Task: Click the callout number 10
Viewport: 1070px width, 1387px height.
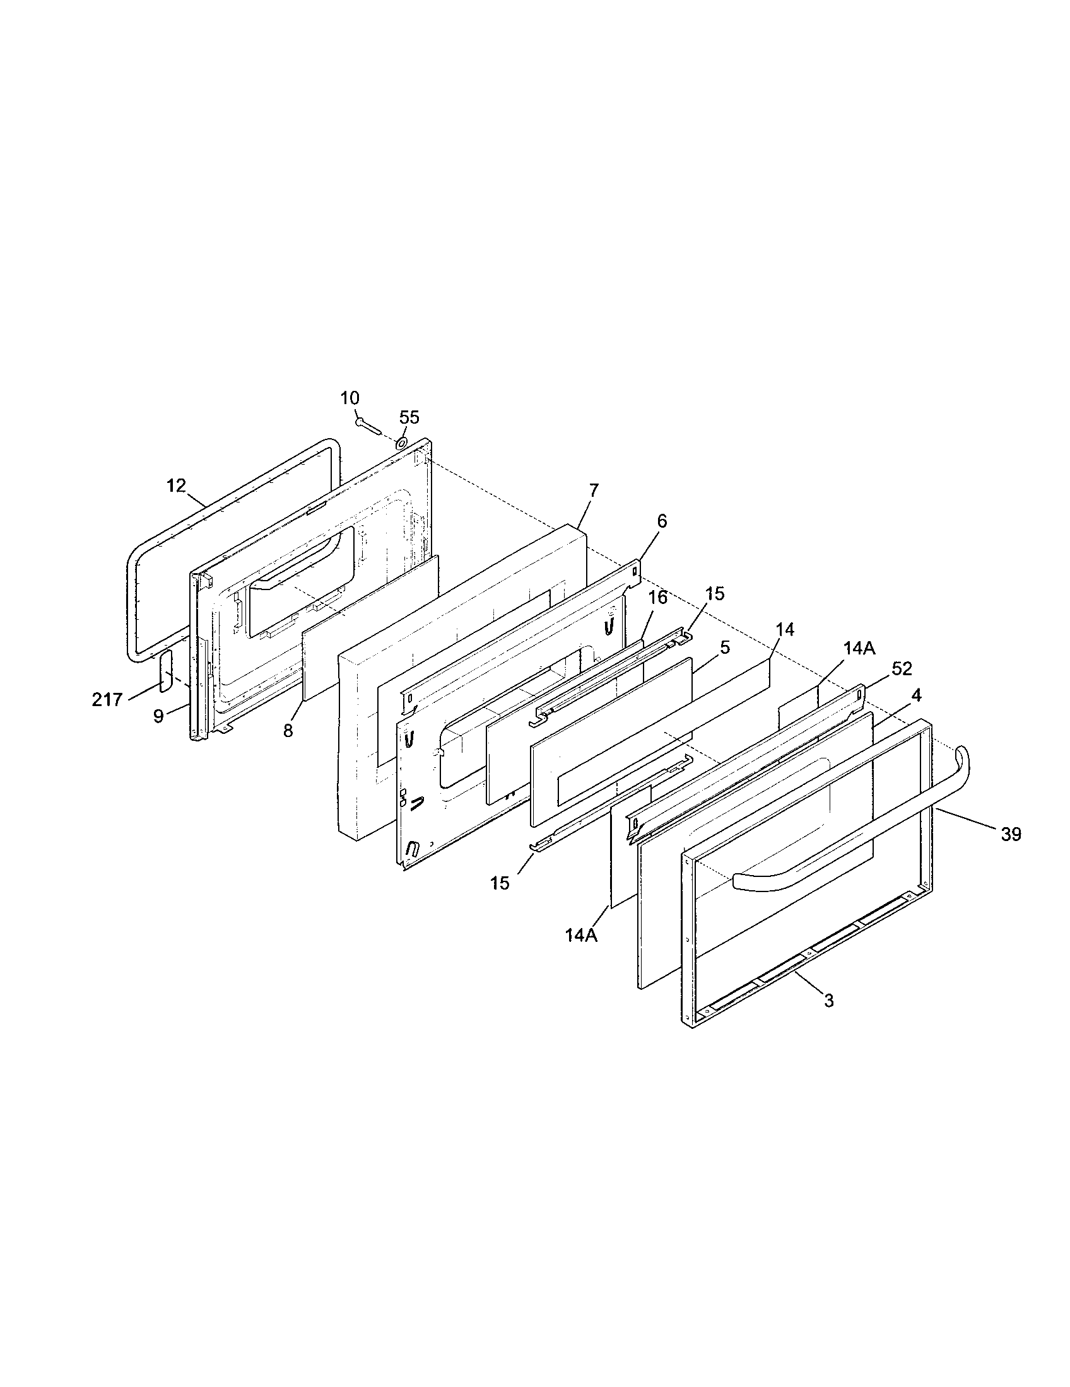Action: (x=350, y=398)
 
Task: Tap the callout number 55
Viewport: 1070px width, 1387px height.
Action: (x=409, y=417)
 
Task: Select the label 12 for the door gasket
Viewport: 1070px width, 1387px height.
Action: (x=176, y=486)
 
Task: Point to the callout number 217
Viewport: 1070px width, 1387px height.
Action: (x=107, y=700)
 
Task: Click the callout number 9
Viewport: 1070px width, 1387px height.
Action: (x=158, y=716)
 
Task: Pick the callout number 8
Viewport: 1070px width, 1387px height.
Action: (x=288, y=730)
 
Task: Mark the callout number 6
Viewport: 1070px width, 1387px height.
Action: (x=662, y=521)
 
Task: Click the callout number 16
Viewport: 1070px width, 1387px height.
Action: (x=658, y=598)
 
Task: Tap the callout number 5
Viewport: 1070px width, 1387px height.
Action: (x=725, y=647)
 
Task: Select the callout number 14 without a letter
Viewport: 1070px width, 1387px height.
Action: (x=785, y=629)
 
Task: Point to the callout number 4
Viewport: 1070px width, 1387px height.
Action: (x=915, y=696)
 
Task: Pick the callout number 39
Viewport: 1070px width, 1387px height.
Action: (x=1011, y=835)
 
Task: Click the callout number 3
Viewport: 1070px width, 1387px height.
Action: (x=828, y=1001)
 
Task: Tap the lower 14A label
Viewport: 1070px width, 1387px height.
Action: (x=582, y=936)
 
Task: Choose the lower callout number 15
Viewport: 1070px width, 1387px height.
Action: (x=500, y=883)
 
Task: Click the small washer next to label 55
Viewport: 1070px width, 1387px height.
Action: (x=403, y=443)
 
